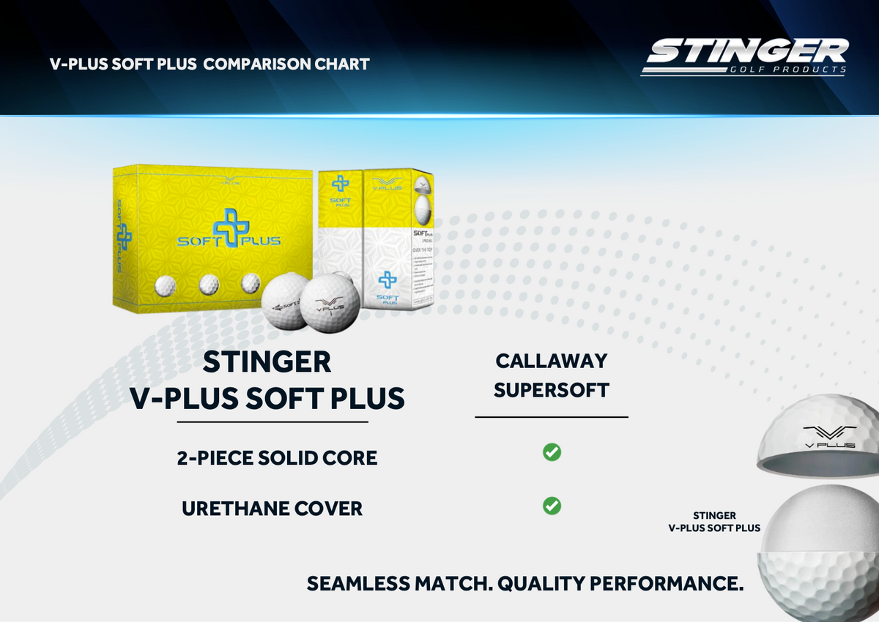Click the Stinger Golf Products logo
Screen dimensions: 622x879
click(x=744, y=56)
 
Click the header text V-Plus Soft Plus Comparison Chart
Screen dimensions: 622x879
click(x=209, y=64)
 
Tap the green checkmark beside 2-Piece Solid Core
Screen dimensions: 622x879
click(x=552, y=452)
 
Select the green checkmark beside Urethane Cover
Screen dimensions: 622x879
click(x=552, y=506)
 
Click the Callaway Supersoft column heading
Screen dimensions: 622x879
click(x=552, y=375)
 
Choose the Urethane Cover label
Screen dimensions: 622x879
click(x=272, y=509)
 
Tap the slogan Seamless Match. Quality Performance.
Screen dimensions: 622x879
click(x=525, y=583)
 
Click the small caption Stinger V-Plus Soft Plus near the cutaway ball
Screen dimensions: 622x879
click(x=714, y=522)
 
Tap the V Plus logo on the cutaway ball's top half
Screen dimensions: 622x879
click(x=829, y=435)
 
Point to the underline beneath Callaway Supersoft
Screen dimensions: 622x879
click(x=552, y=417)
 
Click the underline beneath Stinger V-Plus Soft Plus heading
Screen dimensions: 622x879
click(x=272, y=422)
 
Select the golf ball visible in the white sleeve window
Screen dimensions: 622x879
click(x=421, y=209)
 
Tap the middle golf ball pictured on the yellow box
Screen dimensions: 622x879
click(x=209, y=283)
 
